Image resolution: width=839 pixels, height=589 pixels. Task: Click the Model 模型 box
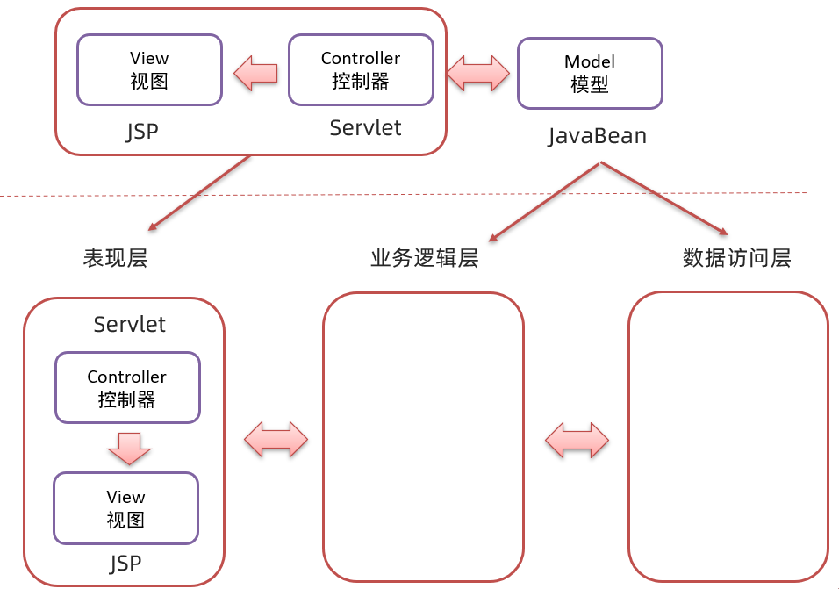pyautogui.click(x=589, y=73)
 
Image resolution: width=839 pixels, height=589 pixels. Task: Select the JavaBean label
pyautogui.click(x=597, y=136)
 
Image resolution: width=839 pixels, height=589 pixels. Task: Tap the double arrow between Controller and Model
pyautogui.click(x=477, y=73)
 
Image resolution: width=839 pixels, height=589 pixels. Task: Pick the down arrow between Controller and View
pyautogui.click(x=129, y=448)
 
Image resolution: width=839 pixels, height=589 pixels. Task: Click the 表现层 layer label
pyautogui.click(x=115, y=258)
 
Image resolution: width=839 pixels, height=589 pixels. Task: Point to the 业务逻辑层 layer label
pyautogui.click(x=424, y=258)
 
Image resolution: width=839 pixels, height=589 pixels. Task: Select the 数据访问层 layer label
pyautogui.click(x=736, y=258)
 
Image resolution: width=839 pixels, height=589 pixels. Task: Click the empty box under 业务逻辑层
pyautogui.click(x=423, y=436)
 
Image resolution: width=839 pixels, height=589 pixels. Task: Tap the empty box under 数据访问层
pyautogui.click(x=728, y=436)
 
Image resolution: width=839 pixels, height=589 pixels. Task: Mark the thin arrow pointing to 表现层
pyautogui.click(x=200, y=194)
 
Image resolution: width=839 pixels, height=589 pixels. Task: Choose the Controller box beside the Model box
pyautogui.click(x=361, y=69)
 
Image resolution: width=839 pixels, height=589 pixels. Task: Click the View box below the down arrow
pyautogui.click(x=125, y=508)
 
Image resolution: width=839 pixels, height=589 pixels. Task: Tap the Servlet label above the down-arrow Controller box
pyautogui.click(x=129, y=324)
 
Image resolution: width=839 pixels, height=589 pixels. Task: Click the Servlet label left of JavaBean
pyautogui.click(x=365, y=128)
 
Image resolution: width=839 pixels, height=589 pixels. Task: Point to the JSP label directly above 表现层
pyautogui.click(x=142, y=132)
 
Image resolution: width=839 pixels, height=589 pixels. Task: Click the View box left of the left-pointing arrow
pyautogui.click(x=148, y=69)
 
